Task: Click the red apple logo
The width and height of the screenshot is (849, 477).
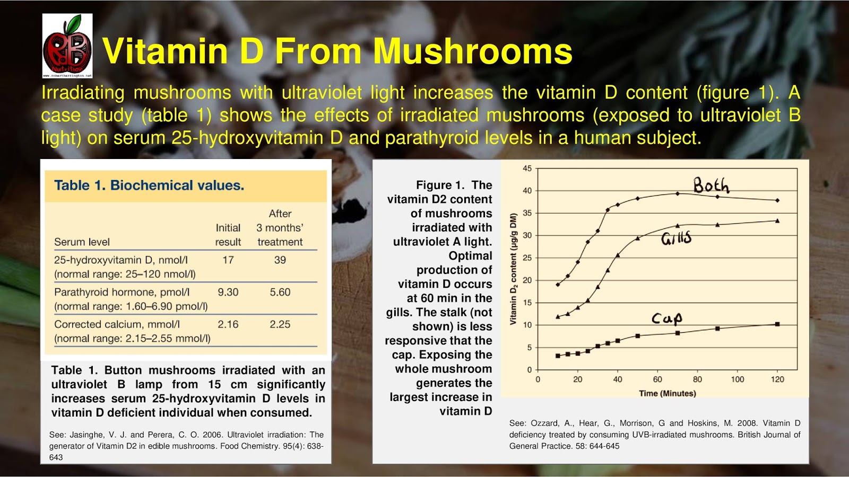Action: [x=67, y=47]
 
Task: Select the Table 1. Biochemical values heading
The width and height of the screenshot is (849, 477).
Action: [x=149, y=185]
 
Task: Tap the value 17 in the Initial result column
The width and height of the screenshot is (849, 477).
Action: [x=228, y=260]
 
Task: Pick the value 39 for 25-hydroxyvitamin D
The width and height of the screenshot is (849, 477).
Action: [x=280, y=260]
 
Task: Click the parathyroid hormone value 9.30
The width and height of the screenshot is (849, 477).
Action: [x=228, y=292]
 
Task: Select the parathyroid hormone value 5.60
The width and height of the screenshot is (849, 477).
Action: [x=280, y=292]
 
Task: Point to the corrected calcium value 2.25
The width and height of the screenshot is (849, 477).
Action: [x=280, y=324]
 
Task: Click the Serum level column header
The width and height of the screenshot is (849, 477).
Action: [x=82, y=242]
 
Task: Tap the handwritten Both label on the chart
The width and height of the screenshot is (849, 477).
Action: [x=711, y=185]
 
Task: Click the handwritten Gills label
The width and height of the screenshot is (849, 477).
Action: [x=676, y=238]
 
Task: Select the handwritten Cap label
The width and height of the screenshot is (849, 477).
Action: [x=666, y=318]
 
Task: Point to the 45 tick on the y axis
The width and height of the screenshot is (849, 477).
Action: [x=527, y=169]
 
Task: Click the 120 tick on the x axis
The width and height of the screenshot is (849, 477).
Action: [x=777, y=379]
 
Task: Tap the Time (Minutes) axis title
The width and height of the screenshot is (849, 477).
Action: [x=667, y=393]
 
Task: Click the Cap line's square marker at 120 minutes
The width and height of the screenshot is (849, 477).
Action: [x=777, y=324]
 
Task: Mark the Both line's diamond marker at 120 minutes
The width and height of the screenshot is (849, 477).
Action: [x=777, y=200]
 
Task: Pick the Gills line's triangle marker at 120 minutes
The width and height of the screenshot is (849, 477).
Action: [x=777, y=220]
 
